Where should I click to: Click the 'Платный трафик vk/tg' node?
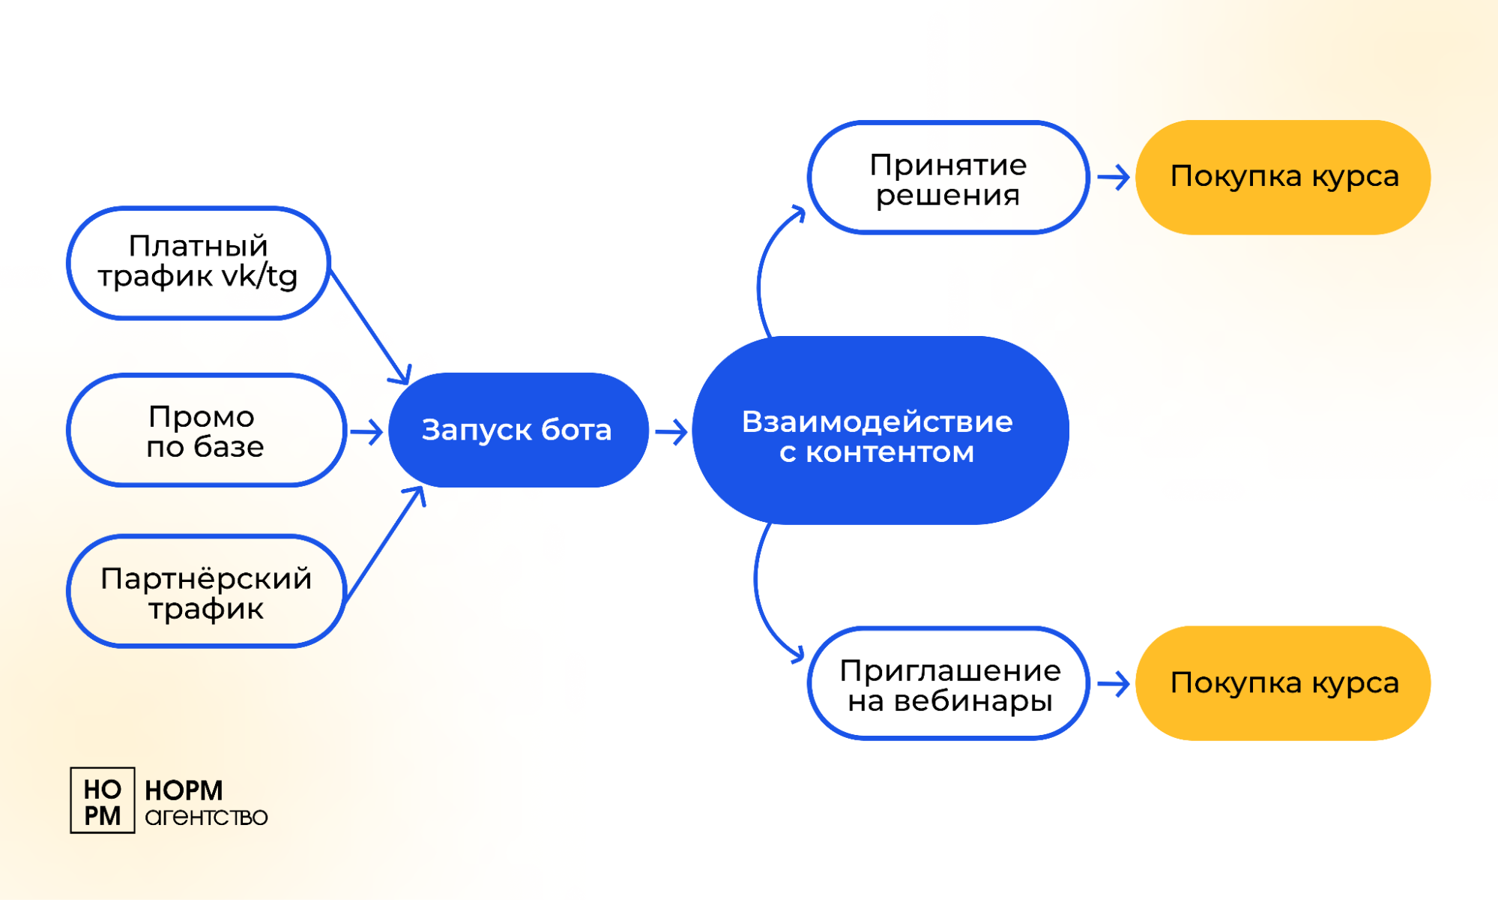point(199,263)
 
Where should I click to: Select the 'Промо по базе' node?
point(206,430)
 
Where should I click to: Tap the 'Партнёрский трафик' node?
point(206,591)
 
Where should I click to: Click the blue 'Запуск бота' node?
point(519,430)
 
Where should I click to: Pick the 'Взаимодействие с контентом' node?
point(881,430)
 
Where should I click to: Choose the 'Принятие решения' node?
point(948,178)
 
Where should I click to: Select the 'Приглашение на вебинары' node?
point(948,683)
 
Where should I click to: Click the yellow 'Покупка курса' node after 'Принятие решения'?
point(1283,178)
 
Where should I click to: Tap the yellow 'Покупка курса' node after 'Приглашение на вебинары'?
point(1283,683)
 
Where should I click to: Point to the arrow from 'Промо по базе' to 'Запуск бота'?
point(366,432)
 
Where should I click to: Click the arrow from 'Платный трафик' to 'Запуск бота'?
point(369,327)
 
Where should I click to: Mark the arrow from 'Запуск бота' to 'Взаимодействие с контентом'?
point(671,432)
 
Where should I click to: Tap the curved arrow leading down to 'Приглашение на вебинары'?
point(759,592)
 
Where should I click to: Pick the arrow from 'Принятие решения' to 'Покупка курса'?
point(1114,178)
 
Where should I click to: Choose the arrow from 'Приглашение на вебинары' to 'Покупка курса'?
point(1114,684)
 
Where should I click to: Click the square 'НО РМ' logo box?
point(103,800)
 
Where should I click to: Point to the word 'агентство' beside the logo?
point(206,817)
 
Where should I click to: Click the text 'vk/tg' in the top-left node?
point(261,277)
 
